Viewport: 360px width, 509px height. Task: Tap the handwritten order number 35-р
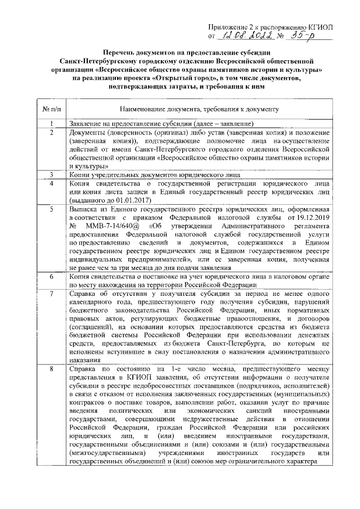point(308,35)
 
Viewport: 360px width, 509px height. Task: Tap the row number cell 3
point(51,175)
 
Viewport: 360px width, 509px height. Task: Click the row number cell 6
point(51,277)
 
